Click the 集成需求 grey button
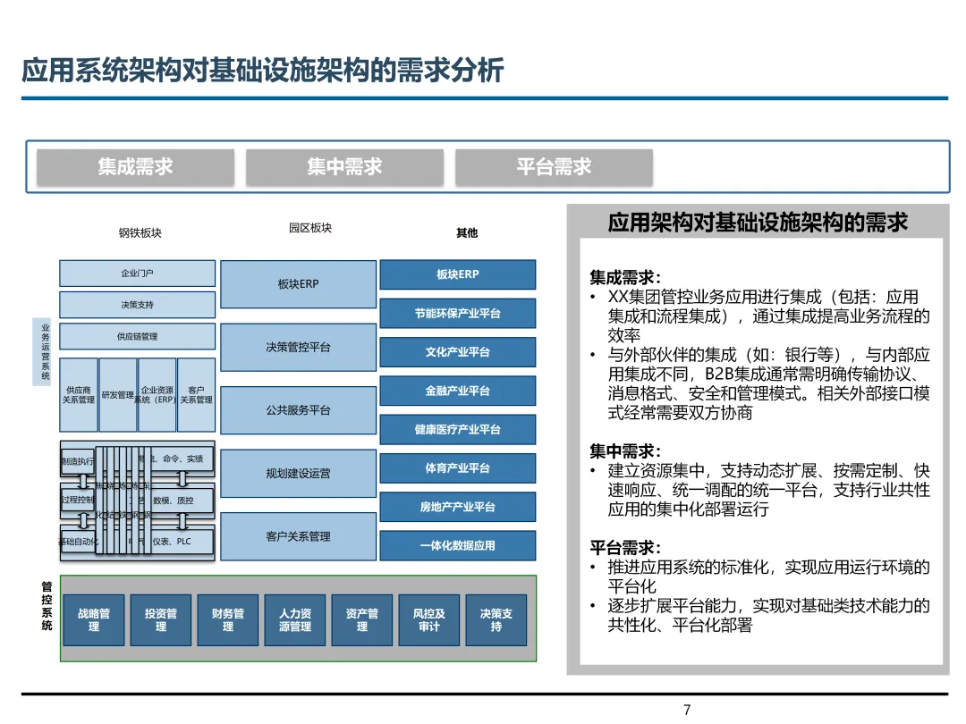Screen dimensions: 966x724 tap(135, 167)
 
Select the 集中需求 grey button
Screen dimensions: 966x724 tap(344, 167)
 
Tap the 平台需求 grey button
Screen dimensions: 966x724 tap(554, 167)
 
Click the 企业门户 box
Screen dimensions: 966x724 tap(137, 274)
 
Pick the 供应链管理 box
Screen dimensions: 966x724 tap(137, 336)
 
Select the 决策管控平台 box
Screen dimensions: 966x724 tap(298, 347)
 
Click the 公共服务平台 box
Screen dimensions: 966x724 tap(298, 410)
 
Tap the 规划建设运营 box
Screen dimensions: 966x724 tap(298, 473)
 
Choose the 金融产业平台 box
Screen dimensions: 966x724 tap(458, 391)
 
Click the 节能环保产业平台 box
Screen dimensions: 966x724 tap(458, 314)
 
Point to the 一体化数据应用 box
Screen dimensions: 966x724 tap(458, 545)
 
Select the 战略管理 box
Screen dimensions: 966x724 tap(94, 620)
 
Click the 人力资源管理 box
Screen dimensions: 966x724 tap(295, 620)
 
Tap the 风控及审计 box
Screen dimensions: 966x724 tap(429, 620)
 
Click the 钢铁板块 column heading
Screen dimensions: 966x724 tap(140, 233)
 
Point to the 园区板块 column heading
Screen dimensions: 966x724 tap(310, 228)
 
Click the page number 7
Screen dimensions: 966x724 tap(687, 711)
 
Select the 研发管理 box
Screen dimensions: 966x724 tap(118, 394)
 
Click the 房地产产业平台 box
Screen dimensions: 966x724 tap(458, 507)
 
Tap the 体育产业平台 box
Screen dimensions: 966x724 tap(458, 468)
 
